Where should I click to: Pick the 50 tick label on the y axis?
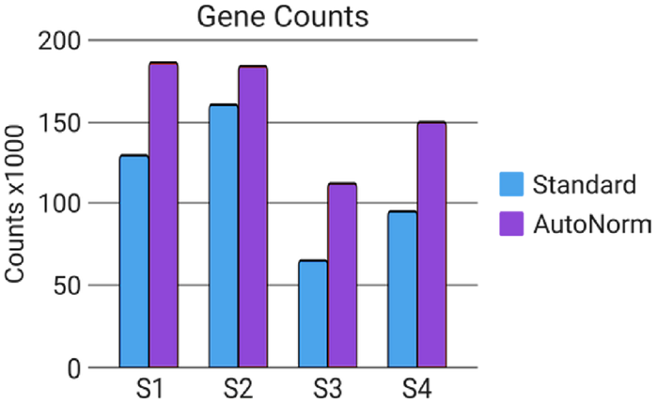pyautogui.click(x=66, y=285)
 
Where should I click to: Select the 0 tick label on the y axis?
pyautogui.click(x=73, y=366)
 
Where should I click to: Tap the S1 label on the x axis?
pyautogui.click(x=149, y=388)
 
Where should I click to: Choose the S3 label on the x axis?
pyautogui.click(x=327, y=388)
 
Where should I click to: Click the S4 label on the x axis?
pyautogui.click(x=416, y=388)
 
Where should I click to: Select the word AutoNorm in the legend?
pyautogui.click(x=591, y=225)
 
